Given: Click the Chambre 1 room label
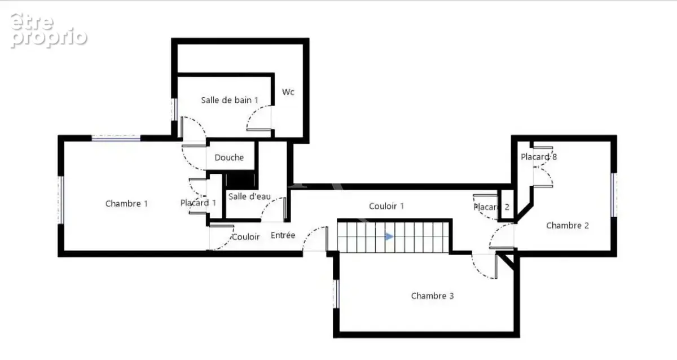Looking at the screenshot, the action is coord(126,204).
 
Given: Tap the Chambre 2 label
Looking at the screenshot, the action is coord(568,226).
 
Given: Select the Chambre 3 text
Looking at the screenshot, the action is coord(432,296).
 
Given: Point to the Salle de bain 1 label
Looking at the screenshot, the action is coord(230,100).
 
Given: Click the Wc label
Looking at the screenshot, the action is coord(288,92).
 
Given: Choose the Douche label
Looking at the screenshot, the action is coord(229,157).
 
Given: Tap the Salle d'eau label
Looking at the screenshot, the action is coord(249,196).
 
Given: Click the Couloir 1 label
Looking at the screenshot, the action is coord(386,206).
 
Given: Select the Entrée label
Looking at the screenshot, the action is coord(283,235).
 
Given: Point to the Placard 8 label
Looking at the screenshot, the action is coord(539,157).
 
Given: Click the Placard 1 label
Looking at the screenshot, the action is coord(198,203).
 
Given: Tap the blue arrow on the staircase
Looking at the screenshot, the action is coord(389,236).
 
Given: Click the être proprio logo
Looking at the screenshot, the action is coord(49,30).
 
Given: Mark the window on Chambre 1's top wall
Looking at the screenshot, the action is coord(116,138).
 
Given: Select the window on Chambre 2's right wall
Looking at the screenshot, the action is coord(614,195).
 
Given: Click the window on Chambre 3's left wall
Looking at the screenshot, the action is coord(336,294).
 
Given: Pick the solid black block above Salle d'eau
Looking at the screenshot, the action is coord(241,180).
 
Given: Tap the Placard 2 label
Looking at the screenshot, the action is coord(491,207).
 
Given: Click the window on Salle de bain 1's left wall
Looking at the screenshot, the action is coord(174,109).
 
